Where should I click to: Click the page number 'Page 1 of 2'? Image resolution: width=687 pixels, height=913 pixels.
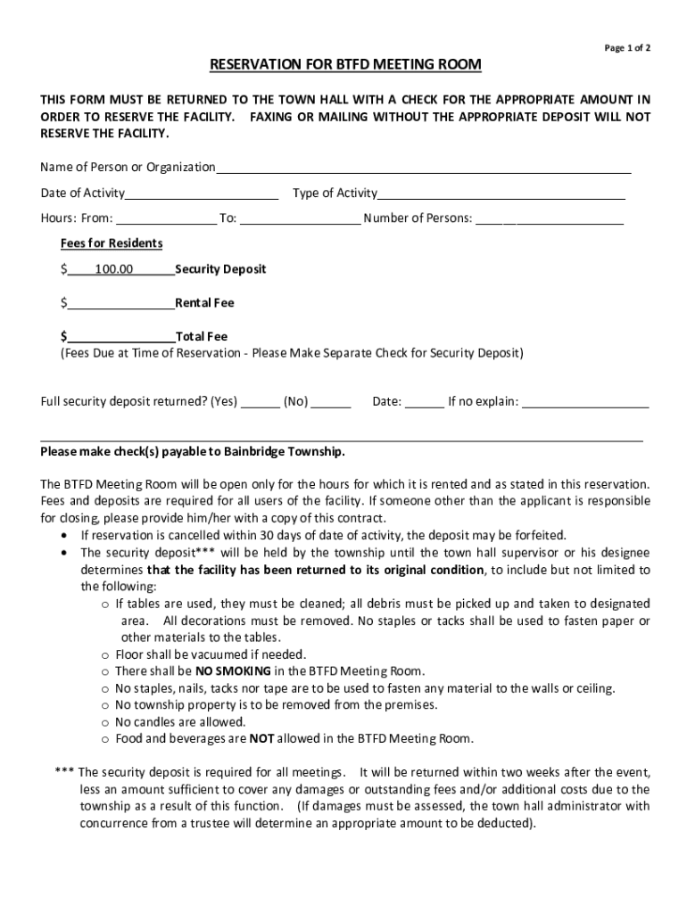(x=627, y=48)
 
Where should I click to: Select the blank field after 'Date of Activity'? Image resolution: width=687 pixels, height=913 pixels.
(x=202, y=193)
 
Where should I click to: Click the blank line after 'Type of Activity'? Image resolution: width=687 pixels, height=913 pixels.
(x=501, y=193)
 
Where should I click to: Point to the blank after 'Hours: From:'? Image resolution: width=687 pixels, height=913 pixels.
(x=166, y=218)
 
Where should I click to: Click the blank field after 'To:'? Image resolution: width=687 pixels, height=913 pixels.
(x=300, y=218)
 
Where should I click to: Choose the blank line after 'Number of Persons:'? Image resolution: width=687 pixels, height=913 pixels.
(x=549, y=218)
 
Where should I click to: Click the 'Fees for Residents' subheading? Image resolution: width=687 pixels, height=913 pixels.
(x=112, y=243)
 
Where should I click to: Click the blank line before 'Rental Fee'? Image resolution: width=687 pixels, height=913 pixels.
(x=120, y=303)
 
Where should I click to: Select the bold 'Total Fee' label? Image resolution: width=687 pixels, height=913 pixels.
(x=202, y=337)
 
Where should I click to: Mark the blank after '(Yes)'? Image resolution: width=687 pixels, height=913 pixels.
(x=261, y=402)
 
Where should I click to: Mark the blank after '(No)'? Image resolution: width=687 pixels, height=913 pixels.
(x=331, y=402)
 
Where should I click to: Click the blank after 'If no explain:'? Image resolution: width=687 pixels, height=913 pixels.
(x=584, y=402)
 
